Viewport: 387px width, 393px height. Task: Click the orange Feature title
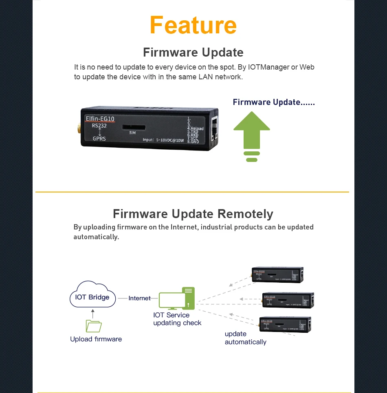tap(193, 25)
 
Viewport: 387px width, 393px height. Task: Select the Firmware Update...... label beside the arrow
tap(274, 102)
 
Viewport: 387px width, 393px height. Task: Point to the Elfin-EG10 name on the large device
tap(100, 119)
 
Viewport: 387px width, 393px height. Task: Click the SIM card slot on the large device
tap(132, 127)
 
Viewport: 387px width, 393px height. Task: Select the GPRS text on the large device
tap(99, 138)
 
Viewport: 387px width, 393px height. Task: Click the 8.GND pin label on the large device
tap(193, 142)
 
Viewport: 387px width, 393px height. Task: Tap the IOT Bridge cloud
tap(92, 297)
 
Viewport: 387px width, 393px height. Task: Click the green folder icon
tap(94, 326)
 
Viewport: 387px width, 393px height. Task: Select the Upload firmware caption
tap(96, 339)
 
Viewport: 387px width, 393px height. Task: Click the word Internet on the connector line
tap(139, 298)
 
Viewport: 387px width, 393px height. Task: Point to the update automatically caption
tap(245, 338)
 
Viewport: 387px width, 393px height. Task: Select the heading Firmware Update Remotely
tap(193, 214)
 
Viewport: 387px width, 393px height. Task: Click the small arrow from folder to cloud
tap(93, 314)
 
